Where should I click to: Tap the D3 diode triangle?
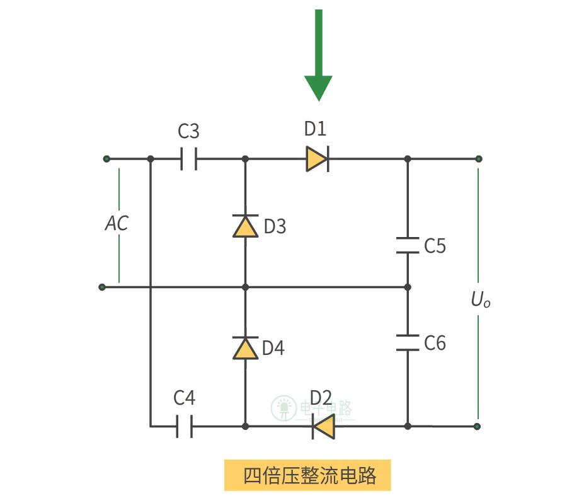(245, 226)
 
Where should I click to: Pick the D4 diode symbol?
(245, 348)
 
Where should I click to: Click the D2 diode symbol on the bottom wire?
(323, 427)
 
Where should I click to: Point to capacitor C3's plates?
(188, 159)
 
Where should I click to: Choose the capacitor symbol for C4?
(184, 427)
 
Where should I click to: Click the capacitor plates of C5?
(408, 245)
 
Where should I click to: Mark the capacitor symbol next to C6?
(408, 342)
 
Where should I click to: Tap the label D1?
(316, 129)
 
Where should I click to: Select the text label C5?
(435, 246)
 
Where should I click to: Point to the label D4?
(273, 348)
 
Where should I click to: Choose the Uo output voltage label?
(480, 301)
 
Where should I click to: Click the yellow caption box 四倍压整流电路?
(307, 475)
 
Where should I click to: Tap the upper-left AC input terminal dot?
(106, 159)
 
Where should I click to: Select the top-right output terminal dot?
(478, 159)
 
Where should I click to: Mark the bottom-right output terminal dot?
(478, 427)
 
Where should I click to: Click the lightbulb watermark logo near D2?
(283, 408)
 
